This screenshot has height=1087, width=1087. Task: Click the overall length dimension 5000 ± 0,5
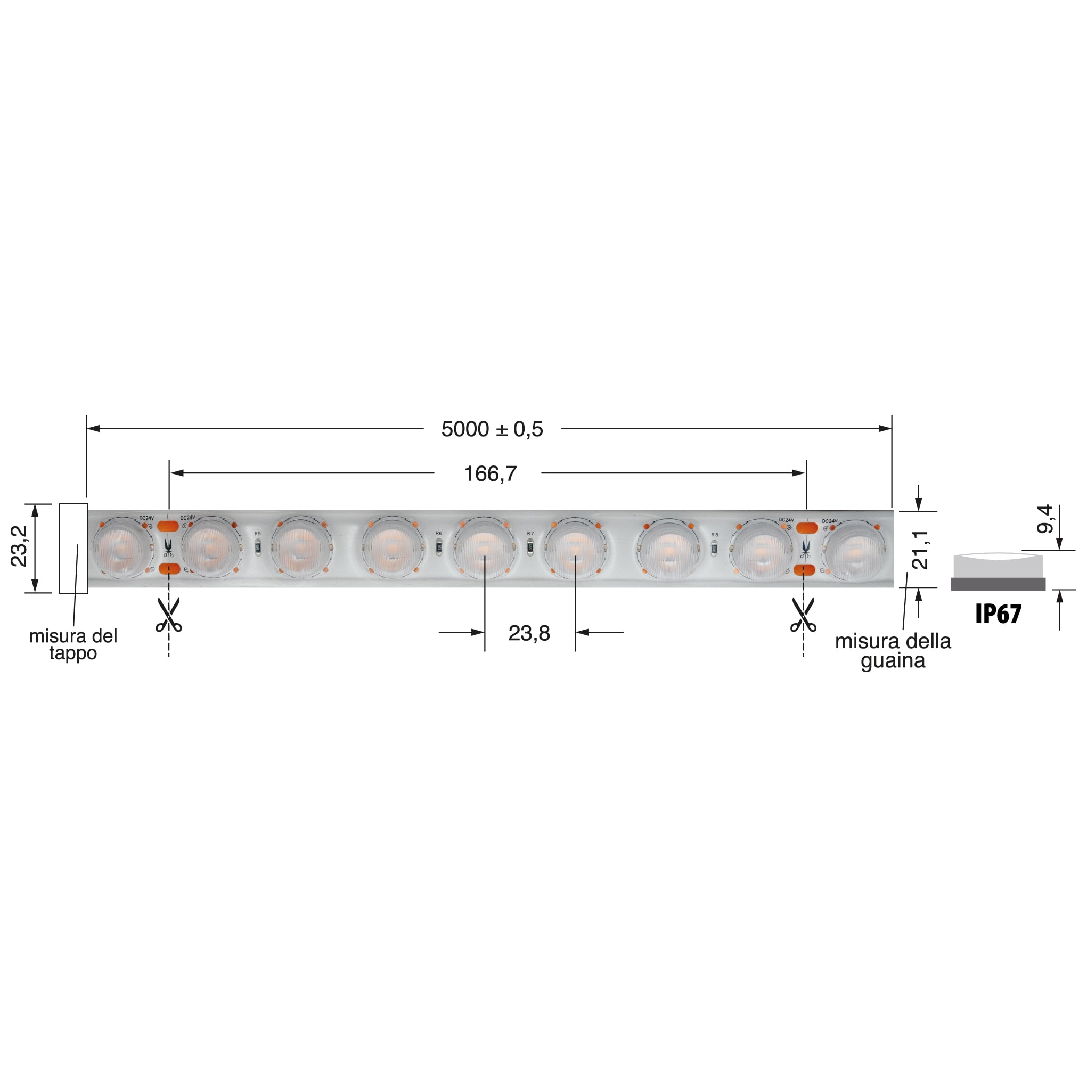click(x=492, y=429)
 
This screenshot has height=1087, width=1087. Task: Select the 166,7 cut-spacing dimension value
click(x=489, y=475)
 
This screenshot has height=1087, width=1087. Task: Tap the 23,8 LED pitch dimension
click(x=529, y=634)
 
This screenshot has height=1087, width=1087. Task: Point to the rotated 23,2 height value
click(x=19, y=546)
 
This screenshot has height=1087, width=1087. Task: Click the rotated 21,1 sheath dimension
click(x=920, y=549)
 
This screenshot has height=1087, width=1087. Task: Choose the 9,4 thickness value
click(x=1044, y=519)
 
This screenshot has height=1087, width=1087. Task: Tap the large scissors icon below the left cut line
click(x=169, y=616)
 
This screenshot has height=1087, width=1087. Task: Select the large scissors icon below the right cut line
click(x=803, y=616)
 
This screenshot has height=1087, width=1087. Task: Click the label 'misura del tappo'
click(x=73, y=645)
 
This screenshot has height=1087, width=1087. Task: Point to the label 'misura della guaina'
click(x=893, y=650)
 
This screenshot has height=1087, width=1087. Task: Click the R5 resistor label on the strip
click(x=258, y=533)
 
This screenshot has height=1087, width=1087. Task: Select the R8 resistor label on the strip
click(x=715, y=535)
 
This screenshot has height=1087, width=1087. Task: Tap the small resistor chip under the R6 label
click(x=439, y=546)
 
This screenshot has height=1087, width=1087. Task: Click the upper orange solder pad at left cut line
click(x=168, y=527)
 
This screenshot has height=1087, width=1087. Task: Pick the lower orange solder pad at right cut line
click(x=805, y=570)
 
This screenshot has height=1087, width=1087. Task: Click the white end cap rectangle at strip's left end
click(x=73, y=549)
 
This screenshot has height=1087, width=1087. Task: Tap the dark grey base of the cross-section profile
click(x=998, y=585)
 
